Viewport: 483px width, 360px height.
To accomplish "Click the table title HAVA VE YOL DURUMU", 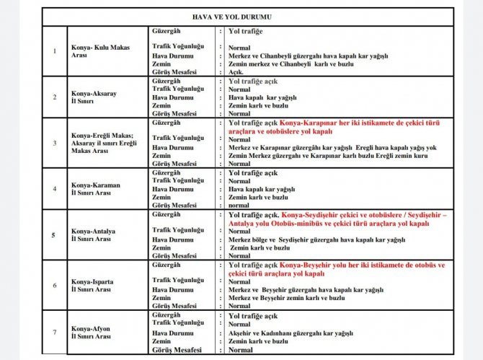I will (241, 15).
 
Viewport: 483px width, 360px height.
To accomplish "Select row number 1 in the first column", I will (55, 51).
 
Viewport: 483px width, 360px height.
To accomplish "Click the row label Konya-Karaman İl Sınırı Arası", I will (94, 189).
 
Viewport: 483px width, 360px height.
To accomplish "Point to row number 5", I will (55, 234).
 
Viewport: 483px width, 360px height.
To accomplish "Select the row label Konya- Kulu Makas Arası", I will (99, 51).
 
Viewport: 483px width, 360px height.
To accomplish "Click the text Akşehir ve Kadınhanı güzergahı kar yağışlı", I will (291, 333).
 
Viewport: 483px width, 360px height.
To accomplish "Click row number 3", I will (55, 143).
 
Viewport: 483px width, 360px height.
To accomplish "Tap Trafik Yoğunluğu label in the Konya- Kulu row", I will (179, 46).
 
